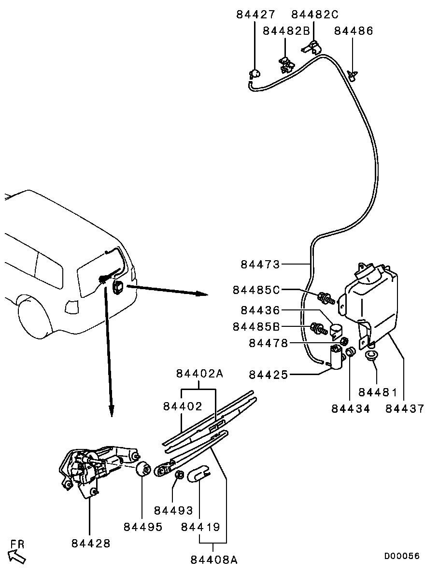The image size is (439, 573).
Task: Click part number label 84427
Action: (255, 14)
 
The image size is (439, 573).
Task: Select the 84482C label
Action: (315, 14)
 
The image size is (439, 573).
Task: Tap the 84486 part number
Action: (354, 31)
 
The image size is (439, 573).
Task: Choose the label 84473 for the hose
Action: (260, 264)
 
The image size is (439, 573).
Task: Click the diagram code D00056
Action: (401, 556)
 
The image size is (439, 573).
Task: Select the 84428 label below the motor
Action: (91, 544)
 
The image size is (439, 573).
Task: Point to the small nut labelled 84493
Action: (179, 475)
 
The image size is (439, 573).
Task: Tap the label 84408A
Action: (214, 559)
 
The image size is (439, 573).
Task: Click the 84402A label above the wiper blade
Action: (199, 374)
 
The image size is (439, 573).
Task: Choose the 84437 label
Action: (405, 408)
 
